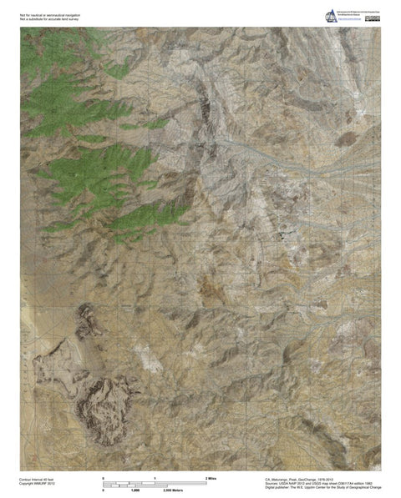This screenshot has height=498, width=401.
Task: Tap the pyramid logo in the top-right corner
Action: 328,14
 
